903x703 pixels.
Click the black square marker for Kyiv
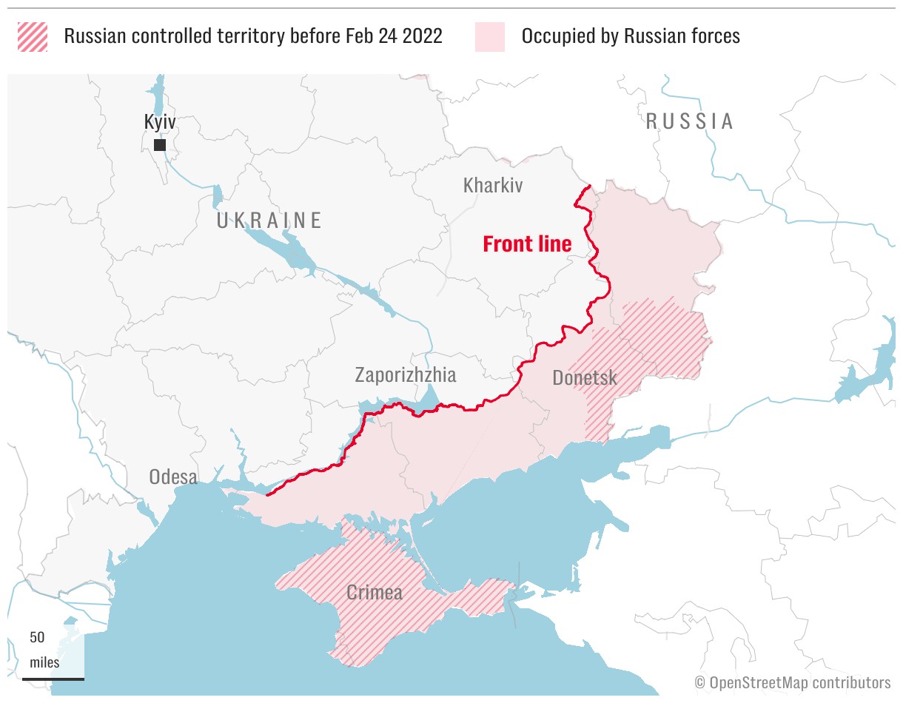(x=159, y=145)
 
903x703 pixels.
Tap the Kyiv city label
(x=160, y=123)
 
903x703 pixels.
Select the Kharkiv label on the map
(x=492, y=185)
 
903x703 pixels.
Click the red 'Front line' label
(x=527, y=243)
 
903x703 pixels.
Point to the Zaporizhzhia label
(x=406, y=375)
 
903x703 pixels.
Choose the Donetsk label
(x=585, y=378)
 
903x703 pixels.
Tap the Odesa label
(x=173, y=477)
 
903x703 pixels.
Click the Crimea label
(x=375, y=593)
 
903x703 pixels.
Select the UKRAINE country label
(x=269, y=221)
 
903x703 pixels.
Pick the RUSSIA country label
(x=690, y=121)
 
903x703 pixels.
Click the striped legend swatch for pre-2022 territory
(x=33, y=36)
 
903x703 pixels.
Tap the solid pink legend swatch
(x=490, y=36)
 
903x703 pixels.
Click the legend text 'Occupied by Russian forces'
(x=631, y=36)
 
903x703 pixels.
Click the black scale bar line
(x=53, y=678)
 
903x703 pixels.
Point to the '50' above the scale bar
(x=38, y=637)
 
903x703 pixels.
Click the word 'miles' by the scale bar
(x=44, y=662)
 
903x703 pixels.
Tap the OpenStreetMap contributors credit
(x=793, y=682)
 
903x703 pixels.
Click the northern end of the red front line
(x=589, y=186)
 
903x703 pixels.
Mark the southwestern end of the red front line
(x=266, y=494)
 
